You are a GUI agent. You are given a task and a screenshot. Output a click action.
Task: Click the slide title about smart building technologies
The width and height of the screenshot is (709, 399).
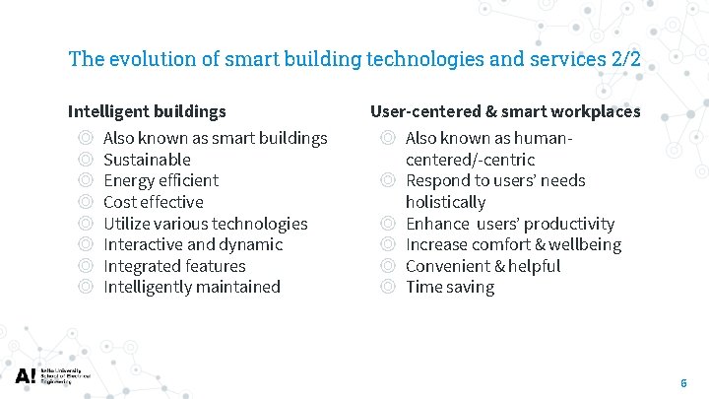point(354,58)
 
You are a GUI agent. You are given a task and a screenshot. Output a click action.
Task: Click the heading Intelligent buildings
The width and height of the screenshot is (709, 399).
point(147,111)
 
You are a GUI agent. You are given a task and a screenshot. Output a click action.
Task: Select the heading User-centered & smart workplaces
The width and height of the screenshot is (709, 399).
point(505,111)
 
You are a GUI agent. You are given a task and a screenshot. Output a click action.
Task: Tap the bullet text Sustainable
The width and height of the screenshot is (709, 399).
point(147,160)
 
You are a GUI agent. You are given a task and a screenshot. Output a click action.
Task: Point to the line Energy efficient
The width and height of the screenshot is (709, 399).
point(161,180)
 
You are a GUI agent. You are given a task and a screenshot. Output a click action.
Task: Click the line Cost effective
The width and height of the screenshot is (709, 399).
point(153,202)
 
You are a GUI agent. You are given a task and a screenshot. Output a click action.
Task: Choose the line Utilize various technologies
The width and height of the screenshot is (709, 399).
point(205,224)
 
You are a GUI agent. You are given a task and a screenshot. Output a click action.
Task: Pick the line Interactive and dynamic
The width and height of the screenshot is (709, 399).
point(192,244)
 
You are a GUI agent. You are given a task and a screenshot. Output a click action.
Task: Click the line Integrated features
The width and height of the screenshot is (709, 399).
point(174,266)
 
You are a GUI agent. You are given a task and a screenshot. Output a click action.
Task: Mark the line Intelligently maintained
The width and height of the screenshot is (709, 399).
point(191,287)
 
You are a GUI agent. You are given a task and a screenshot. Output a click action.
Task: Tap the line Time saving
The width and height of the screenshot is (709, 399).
point(450,287)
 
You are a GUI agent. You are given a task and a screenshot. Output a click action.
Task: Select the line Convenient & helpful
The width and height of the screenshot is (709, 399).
point(483,266)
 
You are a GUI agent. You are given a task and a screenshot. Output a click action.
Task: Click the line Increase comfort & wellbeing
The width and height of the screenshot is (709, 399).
point(513,244)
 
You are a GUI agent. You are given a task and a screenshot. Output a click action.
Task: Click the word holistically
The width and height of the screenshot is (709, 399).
point(445,202)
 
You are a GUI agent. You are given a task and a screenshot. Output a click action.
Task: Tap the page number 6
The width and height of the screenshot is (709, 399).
point(683,382)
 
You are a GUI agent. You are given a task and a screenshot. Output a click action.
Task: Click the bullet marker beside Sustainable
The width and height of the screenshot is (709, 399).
point(86,160)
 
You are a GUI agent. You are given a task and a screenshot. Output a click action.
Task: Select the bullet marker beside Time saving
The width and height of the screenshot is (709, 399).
point(388,287)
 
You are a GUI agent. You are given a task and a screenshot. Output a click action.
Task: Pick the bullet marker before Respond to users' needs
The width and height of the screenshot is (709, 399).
point(388,180)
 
